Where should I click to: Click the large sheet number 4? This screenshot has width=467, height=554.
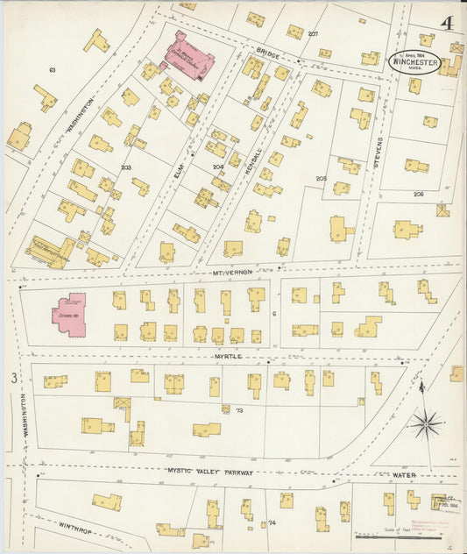coord(447,24)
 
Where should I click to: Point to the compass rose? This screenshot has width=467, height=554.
coord(426,424)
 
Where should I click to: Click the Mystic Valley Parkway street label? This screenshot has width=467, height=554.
coord(210,472)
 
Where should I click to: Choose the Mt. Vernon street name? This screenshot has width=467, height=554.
coord(230,272)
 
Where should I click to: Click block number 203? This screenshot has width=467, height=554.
coord(125,167)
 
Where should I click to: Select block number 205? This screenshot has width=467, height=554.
coord(321,179)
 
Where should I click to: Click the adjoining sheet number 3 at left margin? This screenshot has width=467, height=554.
coord(13,379)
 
